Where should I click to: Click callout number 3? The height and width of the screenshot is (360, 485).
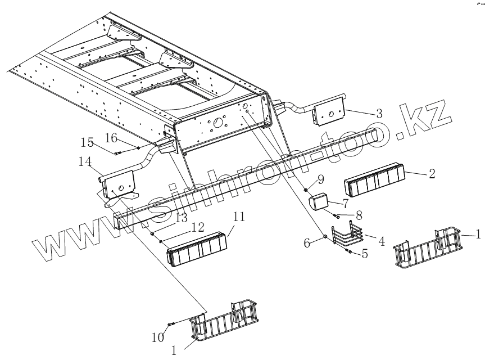pyautogui.click(x=380, y=114)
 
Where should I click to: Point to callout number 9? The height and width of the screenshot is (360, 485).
pyautogui.click(x=320, y=179)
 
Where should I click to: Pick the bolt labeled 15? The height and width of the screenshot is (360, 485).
pyautogui.click(x=118, y=153)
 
